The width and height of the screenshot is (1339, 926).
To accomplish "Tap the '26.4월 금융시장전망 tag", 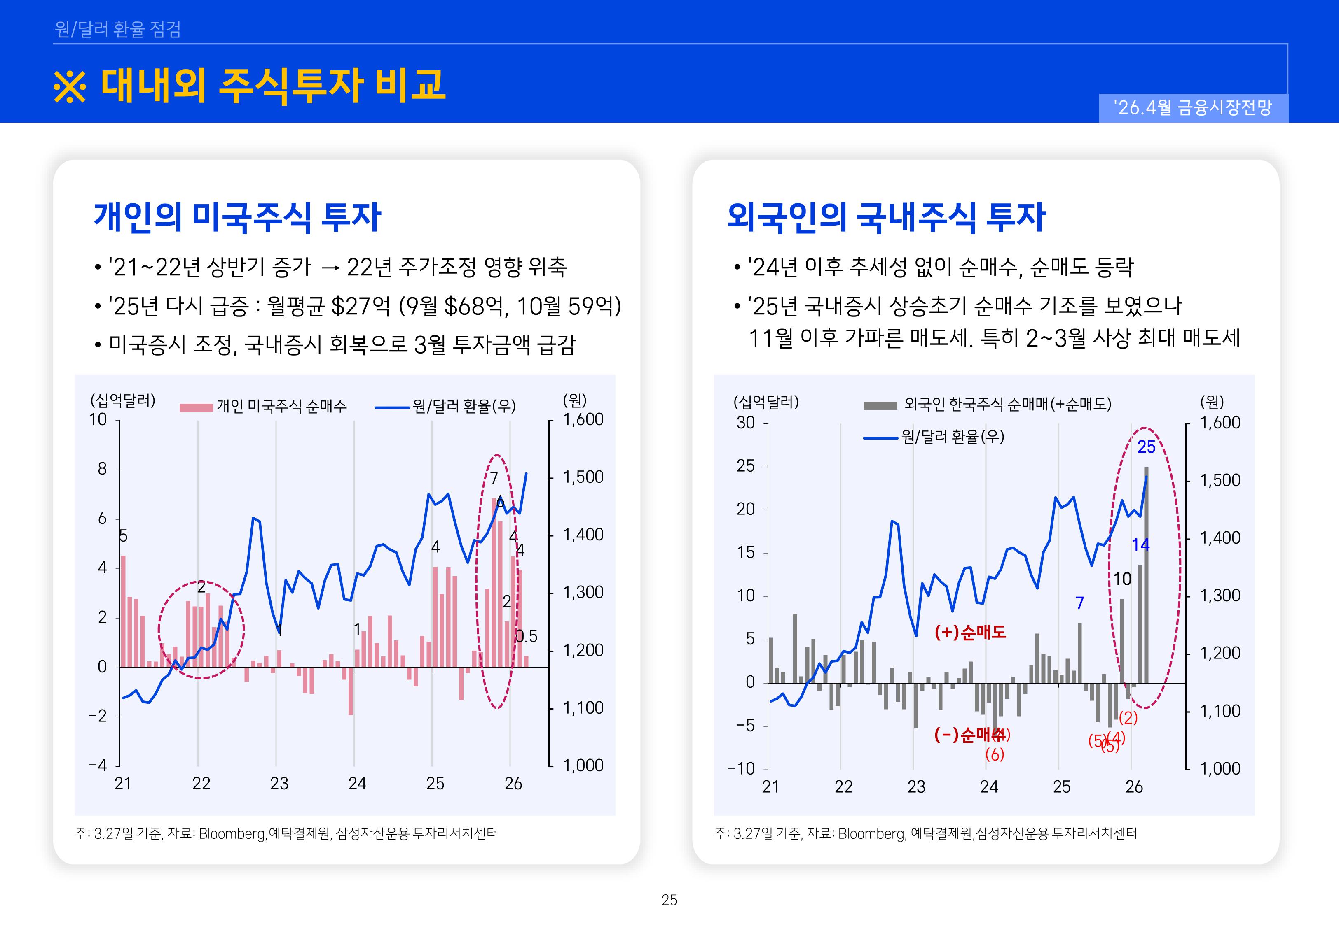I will [x=1193, y=107].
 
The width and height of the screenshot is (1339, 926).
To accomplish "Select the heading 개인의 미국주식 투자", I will [x=237, y=218].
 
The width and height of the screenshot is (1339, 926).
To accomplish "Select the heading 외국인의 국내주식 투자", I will [x=886, y=218].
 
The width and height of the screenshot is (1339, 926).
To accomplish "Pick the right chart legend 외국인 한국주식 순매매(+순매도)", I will [x=1007, y=404].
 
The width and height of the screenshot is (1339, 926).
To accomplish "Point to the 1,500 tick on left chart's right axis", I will [x=583, y=477].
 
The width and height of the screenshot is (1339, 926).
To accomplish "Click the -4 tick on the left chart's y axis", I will [x=98, y=765].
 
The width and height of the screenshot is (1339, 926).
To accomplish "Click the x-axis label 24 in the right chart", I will [x=989, y=787].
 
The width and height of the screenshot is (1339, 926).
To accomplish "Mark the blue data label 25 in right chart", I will [x=1146, y=447].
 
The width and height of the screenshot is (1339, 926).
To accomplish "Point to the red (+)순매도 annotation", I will [x=970, y=632].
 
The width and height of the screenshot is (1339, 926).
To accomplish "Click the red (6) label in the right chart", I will [x=994, y=755].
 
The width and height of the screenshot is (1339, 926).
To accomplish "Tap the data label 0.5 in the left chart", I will [x=527, y=637].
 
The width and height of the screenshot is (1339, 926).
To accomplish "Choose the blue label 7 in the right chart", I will [x=1079, y=603].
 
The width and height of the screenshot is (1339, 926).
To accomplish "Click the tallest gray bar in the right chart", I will [x=1146, y=575].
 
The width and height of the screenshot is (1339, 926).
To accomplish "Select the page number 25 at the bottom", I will [x=669, y=900].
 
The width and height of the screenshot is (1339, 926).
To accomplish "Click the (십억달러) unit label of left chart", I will [x=122, y=400].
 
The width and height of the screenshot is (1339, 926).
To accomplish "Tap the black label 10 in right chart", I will [x=1122, y=579].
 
